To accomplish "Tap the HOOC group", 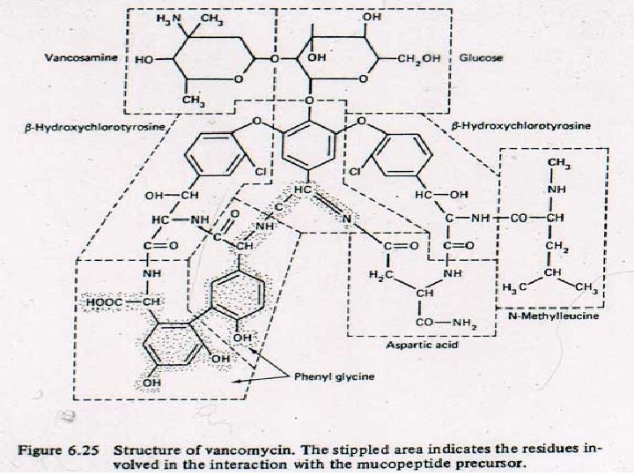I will tap(104, 301).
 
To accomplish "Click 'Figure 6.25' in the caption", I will tap(62, 447).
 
